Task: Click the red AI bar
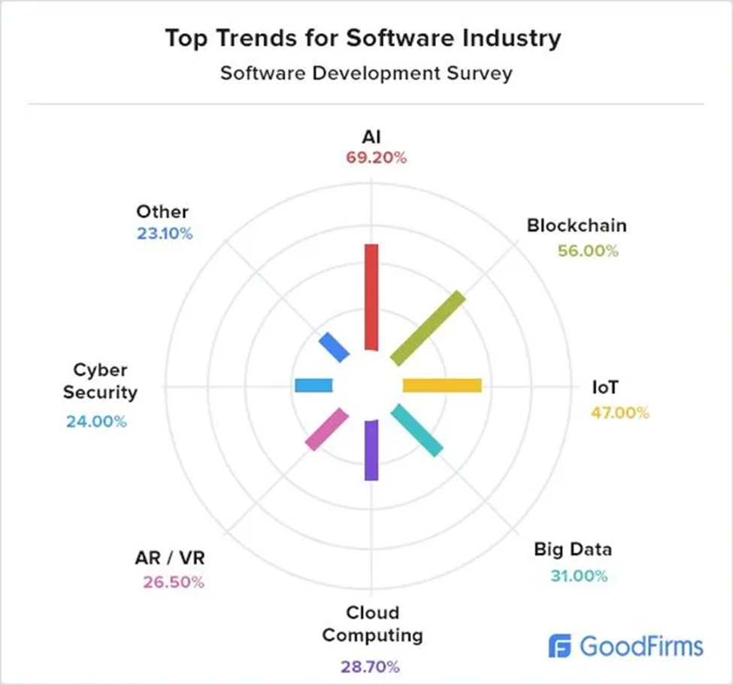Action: click(x=370, y=296)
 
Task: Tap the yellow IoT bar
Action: click(x=442, y=386)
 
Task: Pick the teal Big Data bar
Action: click(x=417, y=429)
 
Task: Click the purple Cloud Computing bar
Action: click(x=370, y=450)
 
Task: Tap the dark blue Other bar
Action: click(x=335, y=347)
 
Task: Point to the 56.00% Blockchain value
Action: click(x=588, y=251)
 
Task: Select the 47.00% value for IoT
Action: click(x=619, y=413)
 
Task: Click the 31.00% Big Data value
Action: click(x=578, y=577)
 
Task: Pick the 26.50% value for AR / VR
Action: click(x=174, y=583)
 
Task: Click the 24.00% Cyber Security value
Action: click(x=96, y=421)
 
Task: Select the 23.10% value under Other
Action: click(x=165, y=234)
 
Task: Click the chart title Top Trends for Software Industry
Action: click(x=363, y=39)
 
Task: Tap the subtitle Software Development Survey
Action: click(x=366, y=74)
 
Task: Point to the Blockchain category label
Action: click(x=577, y=225)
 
